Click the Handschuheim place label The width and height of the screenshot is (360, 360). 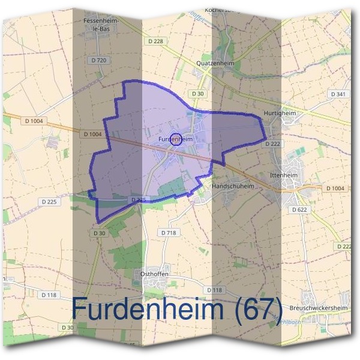point(233,186)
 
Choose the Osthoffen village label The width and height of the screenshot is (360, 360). point(154,274)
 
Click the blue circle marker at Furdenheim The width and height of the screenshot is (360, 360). point(176,139)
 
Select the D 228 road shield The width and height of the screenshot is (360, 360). point(155,41)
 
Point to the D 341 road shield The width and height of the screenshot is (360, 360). point(338,94)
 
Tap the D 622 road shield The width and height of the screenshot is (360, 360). point(299,209)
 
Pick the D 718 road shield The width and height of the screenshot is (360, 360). point(168,232)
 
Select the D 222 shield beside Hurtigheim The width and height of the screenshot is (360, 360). point(273,144)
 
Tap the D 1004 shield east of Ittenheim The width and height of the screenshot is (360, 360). point(336,188)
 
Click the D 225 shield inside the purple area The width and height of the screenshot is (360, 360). point(138,199)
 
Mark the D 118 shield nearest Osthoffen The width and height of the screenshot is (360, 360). point(214,290)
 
